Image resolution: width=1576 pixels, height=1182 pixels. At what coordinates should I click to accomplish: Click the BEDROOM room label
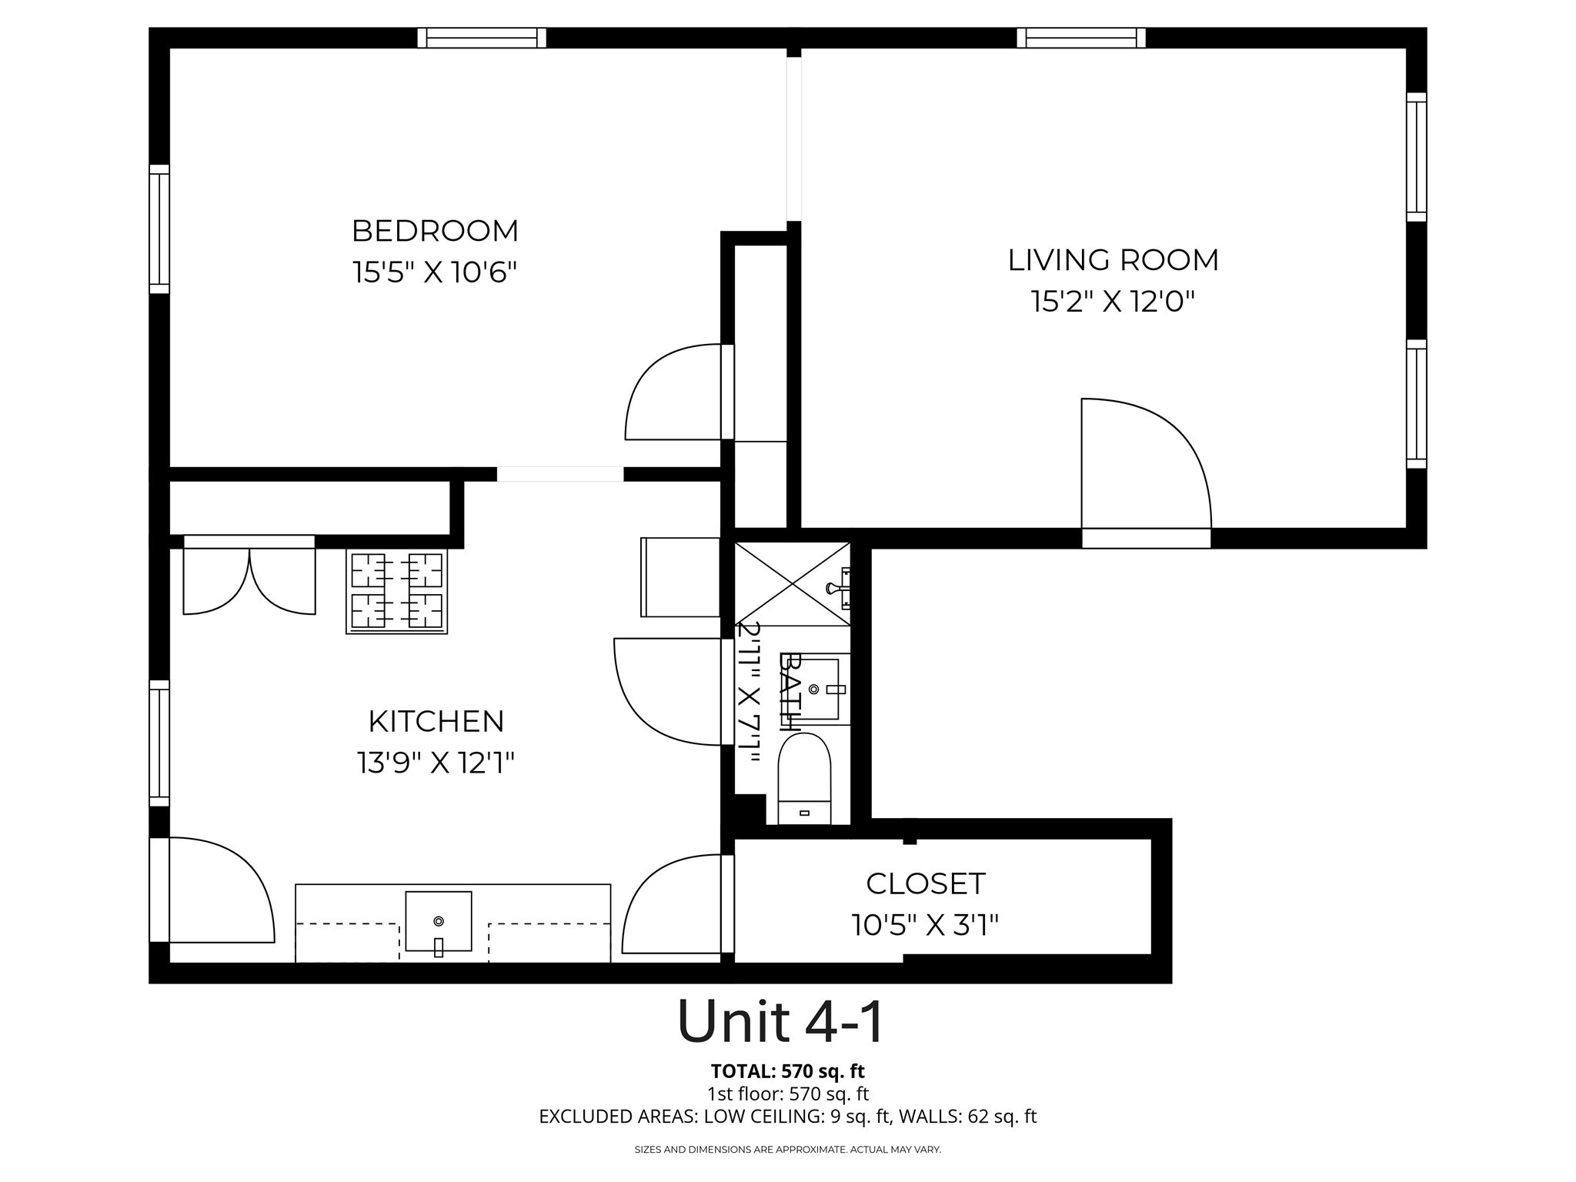pyautogui.click(x=435, y=231)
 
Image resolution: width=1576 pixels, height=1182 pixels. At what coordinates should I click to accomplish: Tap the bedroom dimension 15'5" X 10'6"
pyautogui.click(x=435, y=272)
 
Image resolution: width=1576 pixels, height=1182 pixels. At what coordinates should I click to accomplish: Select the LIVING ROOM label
pyautogui.click(x=1113, y=260)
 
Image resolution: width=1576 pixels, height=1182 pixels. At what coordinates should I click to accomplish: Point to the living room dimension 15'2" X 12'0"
pyautogui.click(x=1113, y=302)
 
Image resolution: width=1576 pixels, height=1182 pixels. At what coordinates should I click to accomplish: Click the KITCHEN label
pyautogui.click(x=436, y=722)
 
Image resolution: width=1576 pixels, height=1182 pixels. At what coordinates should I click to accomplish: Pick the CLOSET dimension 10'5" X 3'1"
pyautogui.click(x=924, y=924)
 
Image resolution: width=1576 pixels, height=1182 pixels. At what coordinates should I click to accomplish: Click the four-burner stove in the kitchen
pyautogui.click(x=396, y=591)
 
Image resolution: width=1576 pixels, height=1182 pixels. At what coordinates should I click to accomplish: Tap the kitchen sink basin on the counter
pyautogui.click(x=438, y=921)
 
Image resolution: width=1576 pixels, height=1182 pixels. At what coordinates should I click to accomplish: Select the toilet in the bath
pyautogui.click(x=804, y=777)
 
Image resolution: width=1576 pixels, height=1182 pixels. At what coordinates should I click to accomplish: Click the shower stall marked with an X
pyautogui.click(x=793, y=583)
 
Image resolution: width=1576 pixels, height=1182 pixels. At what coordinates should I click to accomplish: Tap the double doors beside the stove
pyautogui.click(x=249, y=577)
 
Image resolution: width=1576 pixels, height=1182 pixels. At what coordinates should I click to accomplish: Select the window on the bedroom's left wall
pyautogui.click(x=159, y=229)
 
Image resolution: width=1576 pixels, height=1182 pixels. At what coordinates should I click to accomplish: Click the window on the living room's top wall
pyautogui.click(x=1081, y=38)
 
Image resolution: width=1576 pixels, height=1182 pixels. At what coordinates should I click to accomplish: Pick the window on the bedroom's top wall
pyautogui.click(x=482, y=38)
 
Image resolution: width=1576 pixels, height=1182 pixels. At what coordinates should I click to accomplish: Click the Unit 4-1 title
pyautogui.click(x=780, y=1022)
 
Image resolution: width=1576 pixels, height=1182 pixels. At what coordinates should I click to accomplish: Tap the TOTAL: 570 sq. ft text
pyautogui.click(x=787, y=1071)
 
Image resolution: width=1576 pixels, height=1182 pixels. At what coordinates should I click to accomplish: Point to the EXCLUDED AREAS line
pyautogui.click(x=787, y=1117)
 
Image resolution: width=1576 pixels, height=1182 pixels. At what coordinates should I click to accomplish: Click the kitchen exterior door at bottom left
pyautogui.click(x=215, y=893)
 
